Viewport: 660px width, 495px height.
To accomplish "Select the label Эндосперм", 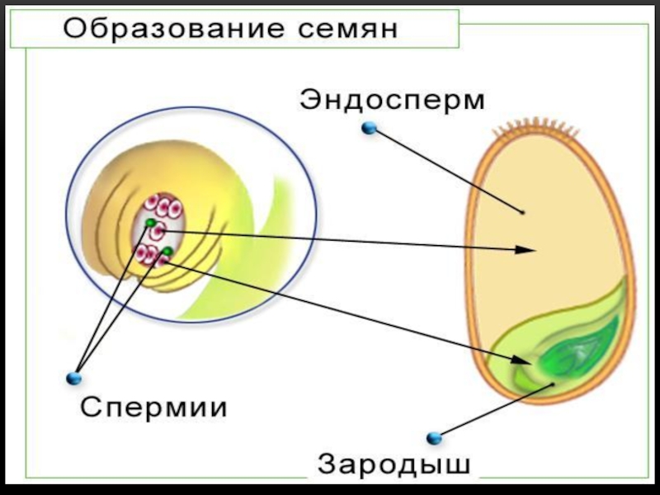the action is pos(393,101).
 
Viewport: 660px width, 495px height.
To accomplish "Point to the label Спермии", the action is pos(153,407).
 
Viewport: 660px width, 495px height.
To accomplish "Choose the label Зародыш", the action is pos(395,463).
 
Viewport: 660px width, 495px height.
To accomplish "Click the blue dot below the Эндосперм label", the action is pos(369,128).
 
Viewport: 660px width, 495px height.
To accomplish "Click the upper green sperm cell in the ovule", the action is pos(150,223).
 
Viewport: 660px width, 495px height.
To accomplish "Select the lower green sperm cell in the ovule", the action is pos(167,251).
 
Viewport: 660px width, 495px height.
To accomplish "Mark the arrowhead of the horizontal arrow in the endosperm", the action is pos(528,248).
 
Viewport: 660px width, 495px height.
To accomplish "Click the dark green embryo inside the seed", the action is pos(577,351).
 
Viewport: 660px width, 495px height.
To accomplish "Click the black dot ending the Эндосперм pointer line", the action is pos(522,212).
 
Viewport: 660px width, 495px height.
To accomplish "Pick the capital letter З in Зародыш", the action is pos(327,463).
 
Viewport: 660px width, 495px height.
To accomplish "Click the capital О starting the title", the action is pos(75,29).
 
